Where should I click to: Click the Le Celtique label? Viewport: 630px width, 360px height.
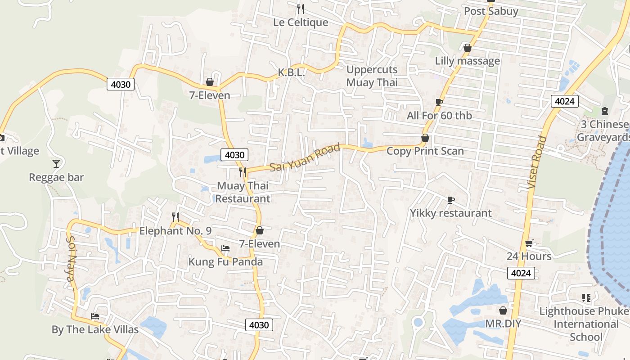(301, 22)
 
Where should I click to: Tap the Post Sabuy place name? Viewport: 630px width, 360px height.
(491, 11)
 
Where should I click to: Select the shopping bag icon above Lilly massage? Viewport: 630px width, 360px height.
(467, 48)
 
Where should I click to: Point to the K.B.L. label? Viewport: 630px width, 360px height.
(291, 72)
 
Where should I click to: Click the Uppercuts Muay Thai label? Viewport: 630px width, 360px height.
(372, 76)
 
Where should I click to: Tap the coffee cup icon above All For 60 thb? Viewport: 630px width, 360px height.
(439, 103)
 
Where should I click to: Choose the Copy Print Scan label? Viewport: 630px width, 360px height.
(425, 151)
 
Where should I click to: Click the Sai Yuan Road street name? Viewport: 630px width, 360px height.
(305, 158)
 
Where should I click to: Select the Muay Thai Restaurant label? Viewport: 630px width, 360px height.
(243, 192)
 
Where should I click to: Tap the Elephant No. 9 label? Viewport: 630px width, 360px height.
(175, 231)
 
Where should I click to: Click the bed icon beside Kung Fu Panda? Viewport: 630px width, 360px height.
(225, 248)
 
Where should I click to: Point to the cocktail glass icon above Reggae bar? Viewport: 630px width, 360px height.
(56, 163)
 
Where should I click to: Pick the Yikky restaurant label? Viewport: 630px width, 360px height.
(450, 213)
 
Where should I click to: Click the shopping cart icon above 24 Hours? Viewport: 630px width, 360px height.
(529, 243)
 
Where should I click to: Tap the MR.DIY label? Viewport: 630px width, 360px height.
(503, 324)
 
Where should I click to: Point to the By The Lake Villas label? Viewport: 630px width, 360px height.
(95, 329)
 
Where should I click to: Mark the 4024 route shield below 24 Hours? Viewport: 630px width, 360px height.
(521, 273)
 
